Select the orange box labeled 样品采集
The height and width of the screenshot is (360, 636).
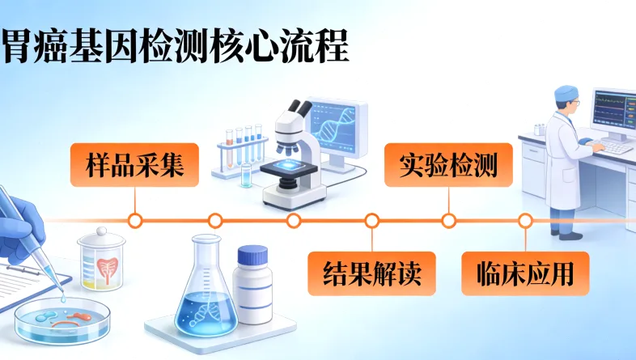coord(134,166)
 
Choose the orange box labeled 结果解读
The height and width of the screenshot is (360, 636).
coord(371,273)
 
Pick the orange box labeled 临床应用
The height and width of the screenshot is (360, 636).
coord(525,273)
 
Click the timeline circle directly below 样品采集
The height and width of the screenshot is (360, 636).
coord(135,220)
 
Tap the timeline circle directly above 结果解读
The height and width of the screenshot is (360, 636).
coord(371,220)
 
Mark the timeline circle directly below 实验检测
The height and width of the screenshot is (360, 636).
coord(447,220)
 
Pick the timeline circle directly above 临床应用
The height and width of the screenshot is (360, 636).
coord(525,220)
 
